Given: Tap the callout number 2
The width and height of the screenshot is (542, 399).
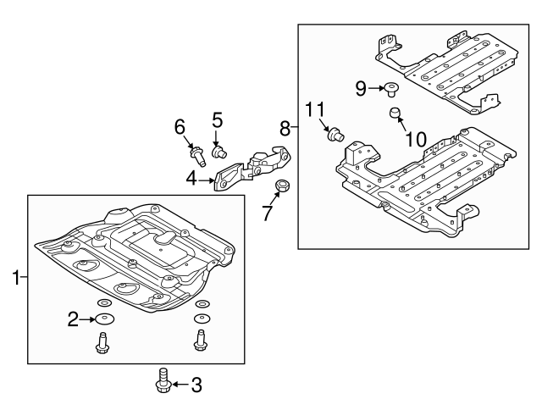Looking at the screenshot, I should click(73, 319).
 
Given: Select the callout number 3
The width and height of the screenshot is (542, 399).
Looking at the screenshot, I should click(196, 385).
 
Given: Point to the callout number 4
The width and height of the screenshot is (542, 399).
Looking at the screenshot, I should click(192, 179).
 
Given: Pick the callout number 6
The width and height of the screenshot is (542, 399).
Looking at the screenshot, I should click(180, 126).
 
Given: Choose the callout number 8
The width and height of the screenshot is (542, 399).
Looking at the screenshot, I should click(285, 128).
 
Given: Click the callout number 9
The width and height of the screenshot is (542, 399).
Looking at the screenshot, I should click(360, 86).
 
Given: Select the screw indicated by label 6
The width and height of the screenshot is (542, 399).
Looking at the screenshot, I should click(198, 154).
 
